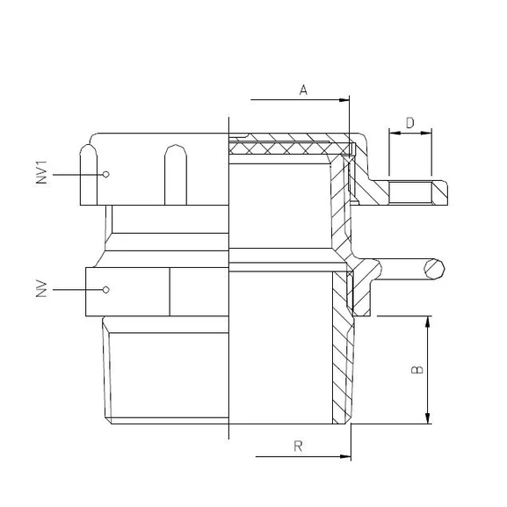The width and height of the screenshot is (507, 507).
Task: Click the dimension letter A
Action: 303,90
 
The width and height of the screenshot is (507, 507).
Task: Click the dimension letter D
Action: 410,123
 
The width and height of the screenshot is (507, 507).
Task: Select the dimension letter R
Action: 298,446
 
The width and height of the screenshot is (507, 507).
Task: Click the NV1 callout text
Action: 41,172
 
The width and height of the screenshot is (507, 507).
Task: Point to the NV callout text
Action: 41,289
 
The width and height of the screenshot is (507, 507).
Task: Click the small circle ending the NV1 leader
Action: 105,174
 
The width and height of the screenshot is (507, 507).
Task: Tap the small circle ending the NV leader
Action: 105,290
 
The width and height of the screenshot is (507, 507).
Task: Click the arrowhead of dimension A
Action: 344,100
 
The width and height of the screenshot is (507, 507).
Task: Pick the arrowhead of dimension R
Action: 345,457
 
